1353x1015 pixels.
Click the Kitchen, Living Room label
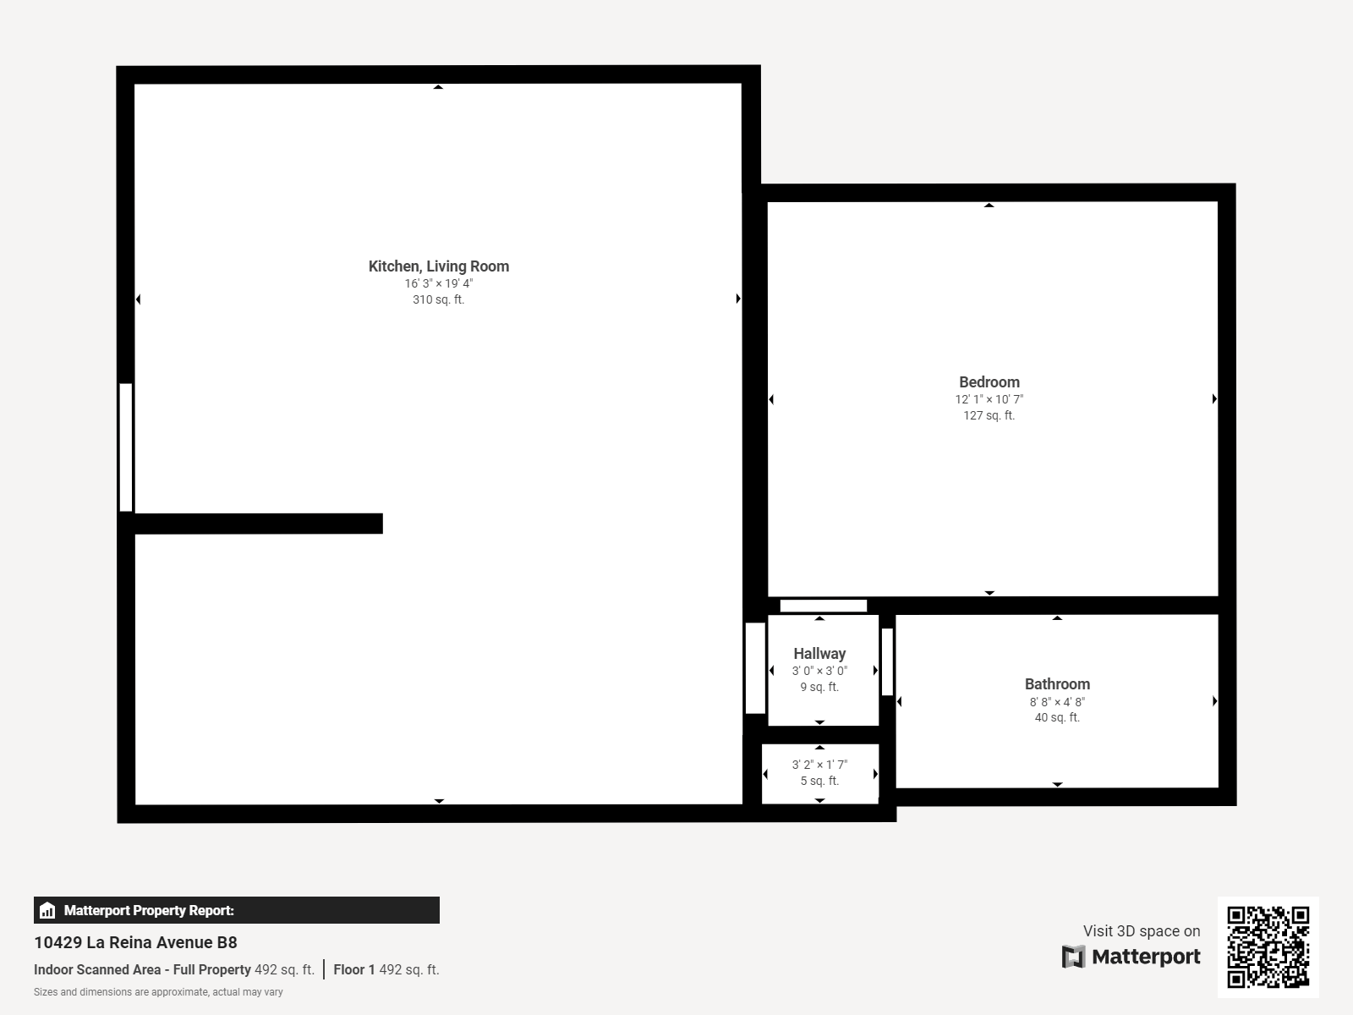[438, 266]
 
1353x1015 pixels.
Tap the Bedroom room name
[989, 381]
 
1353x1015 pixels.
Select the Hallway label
[819, 653]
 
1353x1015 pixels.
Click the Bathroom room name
[1057, 683]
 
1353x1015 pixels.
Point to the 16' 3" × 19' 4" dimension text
[438, 283]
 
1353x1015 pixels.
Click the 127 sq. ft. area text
[989, 415]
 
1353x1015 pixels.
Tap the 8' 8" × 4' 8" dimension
[1057, 701]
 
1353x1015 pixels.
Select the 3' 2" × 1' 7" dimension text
[819, 765]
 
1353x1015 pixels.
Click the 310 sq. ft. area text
[438, 299]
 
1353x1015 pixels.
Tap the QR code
[1268, 946]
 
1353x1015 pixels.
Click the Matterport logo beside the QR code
[1131, 957]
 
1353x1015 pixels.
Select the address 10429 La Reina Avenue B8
[135, 942]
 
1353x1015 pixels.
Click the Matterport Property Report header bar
[236, 910]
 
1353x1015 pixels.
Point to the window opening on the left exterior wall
[126, 447]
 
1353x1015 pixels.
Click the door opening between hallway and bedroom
[823, 606]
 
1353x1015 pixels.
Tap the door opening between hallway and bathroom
[887, 662]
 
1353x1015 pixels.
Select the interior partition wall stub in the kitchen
[258, 524]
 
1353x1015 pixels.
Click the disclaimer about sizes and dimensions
[158, 992]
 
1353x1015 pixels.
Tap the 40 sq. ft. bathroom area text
[1057, 717]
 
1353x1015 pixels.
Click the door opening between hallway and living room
[755, 667]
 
